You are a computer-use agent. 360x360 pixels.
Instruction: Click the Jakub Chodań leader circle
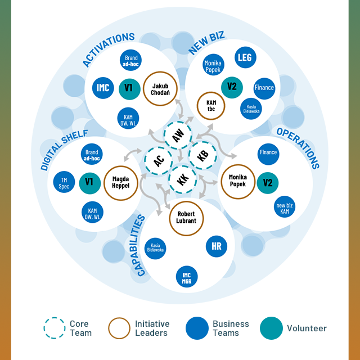[160, 89]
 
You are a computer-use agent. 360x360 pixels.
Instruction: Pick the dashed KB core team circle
[201, 156]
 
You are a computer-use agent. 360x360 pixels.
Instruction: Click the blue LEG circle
[245, 58]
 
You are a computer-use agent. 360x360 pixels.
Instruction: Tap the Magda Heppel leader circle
[121, 182]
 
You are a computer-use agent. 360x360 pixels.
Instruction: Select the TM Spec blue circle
[64, 182]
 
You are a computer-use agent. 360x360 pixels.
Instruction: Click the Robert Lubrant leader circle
[186, 217]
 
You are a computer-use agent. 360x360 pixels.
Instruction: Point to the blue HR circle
[217, 246]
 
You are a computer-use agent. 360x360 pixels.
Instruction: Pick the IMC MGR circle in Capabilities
[186, 276]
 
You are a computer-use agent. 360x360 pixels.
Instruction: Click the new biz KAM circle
[285, 207]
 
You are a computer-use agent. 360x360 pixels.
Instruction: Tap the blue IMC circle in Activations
[103, 88]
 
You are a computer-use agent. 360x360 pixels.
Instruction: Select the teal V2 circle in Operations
[268, 183]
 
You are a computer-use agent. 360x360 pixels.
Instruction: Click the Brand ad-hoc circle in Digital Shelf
[91, 155]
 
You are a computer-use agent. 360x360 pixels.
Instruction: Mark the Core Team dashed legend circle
[55, 328]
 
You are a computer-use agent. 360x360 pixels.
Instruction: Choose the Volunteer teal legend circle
[272, 328]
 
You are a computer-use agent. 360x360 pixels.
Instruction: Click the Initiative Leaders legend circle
[120, 328]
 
